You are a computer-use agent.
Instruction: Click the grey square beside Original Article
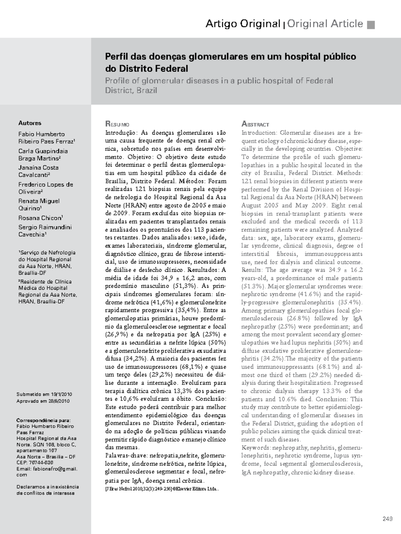(371, 25)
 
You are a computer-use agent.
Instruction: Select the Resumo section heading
(117, 124)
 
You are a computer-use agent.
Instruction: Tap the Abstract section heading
(255, 124)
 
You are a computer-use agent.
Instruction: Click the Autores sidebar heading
(30, 123)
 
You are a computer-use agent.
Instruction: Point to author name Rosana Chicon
(40, 218)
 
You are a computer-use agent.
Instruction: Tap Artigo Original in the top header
(243, 24)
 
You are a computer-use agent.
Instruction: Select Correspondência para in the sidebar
(43, 420)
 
